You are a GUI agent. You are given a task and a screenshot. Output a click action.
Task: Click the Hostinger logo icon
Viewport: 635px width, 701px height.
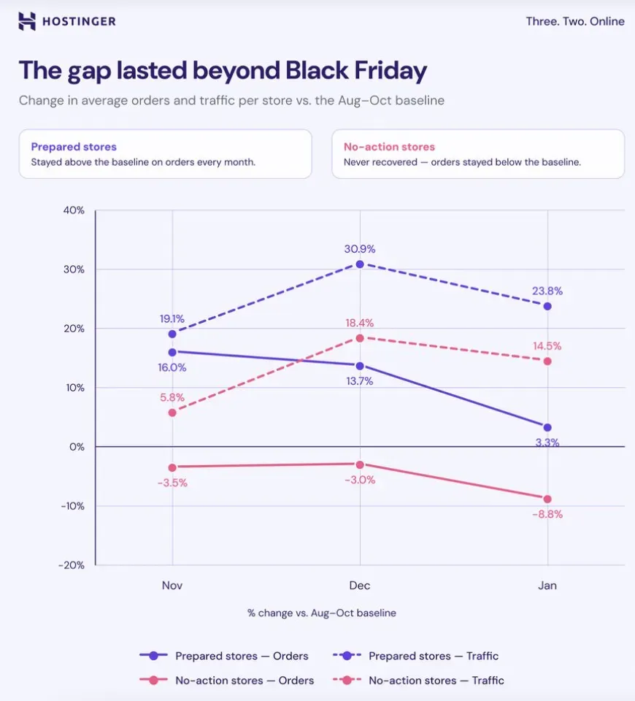pos(27,21)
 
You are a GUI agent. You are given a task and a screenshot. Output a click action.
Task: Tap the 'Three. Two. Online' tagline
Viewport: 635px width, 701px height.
pos(575,21)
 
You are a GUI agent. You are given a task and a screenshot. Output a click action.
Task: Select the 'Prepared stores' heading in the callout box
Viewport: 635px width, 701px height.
pos(74,147)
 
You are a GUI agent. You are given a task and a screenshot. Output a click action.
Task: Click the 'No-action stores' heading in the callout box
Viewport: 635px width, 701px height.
pos(389,147)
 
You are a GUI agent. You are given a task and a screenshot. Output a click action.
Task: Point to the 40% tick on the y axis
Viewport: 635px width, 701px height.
pos(74,210)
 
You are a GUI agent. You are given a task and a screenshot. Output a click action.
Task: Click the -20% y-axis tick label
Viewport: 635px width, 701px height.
pos(72,565)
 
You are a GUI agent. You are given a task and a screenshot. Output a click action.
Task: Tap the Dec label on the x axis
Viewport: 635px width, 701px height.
pos(360,586)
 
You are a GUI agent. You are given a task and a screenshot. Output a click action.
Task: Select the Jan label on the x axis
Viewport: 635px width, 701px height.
pos(547,586)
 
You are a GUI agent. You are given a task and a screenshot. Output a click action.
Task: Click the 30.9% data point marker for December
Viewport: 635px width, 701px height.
pos(360,264)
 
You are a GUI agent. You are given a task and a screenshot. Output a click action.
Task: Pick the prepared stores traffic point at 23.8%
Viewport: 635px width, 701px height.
pos(547,306)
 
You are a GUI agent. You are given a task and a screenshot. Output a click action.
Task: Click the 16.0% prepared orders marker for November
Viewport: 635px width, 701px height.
pos(172,352)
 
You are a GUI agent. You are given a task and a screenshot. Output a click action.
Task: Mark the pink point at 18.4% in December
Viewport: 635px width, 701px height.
pos(360,338)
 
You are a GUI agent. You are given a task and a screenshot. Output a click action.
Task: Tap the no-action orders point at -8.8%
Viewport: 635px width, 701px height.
pos(547,499)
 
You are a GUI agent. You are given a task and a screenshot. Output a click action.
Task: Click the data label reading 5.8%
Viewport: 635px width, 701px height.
pos(172,397)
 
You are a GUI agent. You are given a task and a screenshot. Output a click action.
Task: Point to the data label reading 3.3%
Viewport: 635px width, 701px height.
pos(547,443)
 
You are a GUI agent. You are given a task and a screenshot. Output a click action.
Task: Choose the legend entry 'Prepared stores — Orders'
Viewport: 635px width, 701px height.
pos(224,656)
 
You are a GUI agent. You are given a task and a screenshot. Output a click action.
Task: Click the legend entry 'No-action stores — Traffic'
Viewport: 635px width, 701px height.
pos(418,681)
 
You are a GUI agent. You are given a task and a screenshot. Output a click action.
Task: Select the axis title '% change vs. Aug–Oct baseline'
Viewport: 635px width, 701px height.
pos(322,613)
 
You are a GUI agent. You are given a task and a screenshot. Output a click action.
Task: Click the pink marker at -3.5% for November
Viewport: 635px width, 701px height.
pos(172,467)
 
